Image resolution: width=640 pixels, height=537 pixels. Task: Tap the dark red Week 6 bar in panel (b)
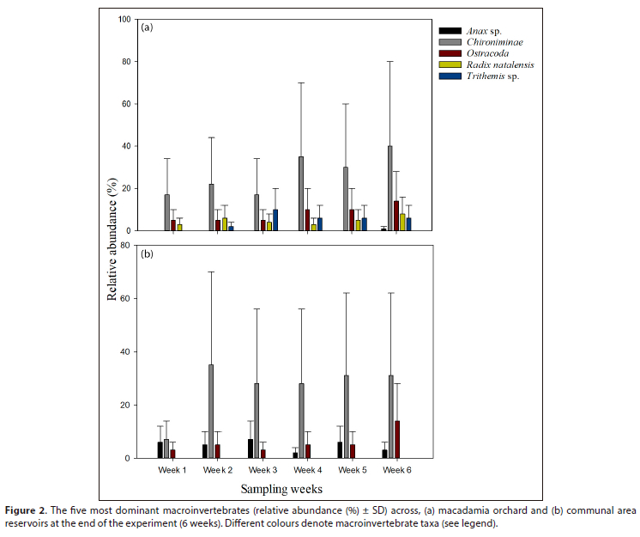pyautogui.click(x=397, y=439)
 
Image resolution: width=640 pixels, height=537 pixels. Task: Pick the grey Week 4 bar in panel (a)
pyautogui.click(x=300, y=194)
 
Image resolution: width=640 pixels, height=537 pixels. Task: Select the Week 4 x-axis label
pyautogui.click(x=307, y=471)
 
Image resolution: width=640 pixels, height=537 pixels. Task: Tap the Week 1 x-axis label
pyautogui.click(x=172, y=471)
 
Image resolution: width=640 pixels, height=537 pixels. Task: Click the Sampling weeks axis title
pyautogui.click(x=281, y=489)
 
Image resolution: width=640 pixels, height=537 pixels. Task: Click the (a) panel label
pyautogui.click(x=147, y=27)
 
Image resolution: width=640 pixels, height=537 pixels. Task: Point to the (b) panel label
pyautogui.click(x=147, y=254)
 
